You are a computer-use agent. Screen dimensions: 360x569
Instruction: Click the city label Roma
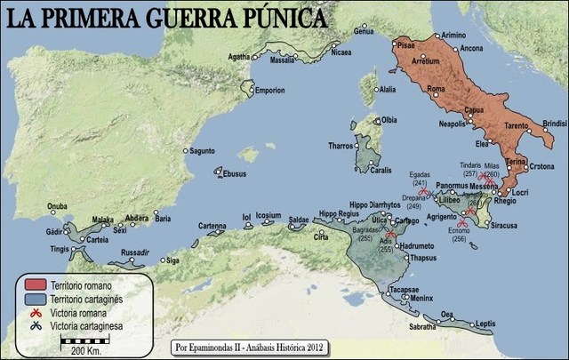(x=436, y=89)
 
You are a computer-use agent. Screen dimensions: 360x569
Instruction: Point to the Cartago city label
(x=405, y=220)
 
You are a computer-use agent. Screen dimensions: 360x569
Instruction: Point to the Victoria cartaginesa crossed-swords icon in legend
(x=36, y=328)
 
